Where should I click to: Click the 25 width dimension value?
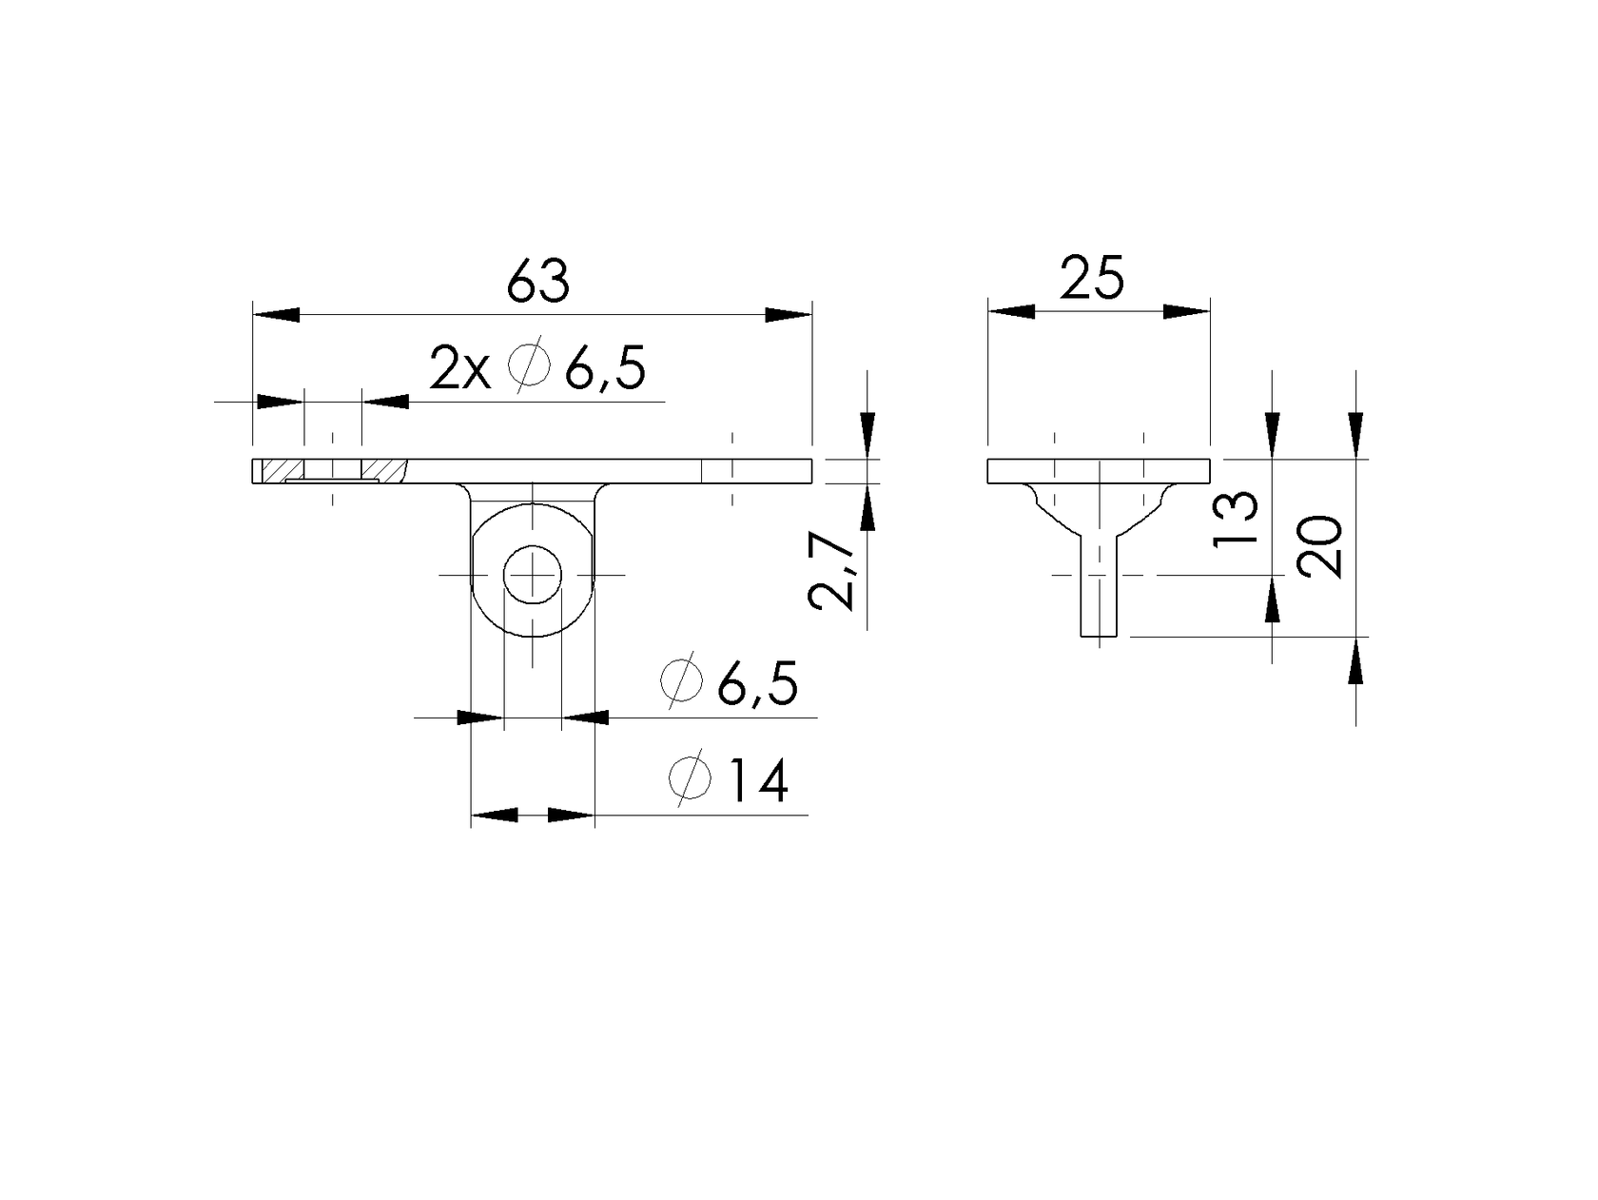(1092, 279)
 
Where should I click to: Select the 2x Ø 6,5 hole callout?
(537, 368)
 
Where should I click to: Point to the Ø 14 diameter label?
(728, 782)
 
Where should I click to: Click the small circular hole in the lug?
(533, 575)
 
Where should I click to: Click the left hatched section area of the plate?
(282, 469)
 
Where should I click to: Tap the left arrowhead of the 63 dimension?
(276, 315)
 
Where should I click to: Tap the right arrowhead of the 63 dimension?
(789, 315)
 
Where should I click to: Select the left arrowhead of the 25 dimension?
(1011, 311)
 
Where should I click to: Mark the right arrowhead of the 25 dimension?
(1186, 311)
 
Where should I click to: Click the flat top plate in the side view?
(1099, 470)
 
